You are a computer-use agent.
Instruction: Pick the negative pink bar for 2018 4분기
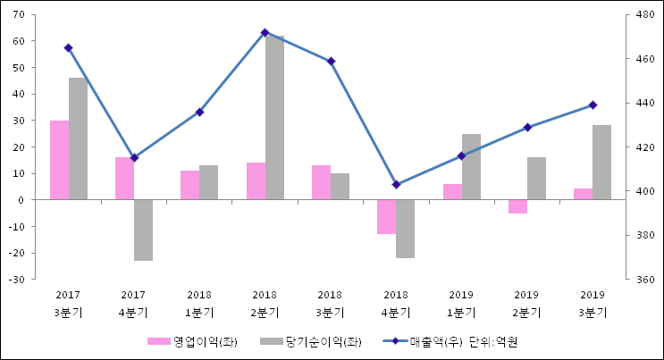pyautogui.click(x=386, y=217)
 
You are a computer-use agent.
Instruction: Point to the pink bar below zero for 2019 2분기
pyautogui.click(x=517, y=206)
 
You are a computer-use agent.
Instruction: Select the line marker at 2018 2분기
pyautogui.click(x=265, y=33)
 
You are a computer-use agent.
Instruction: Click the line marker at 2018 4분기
pyautogui.click(x=396, y=185)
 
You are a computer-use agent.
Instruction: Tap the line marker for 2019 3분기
pyautogui.click(x=593, y=105)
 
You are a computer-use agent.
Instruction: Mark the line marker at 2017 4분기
pyautogui.click(x=134, y=158)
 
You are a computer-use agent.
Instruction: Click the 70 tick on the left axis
pyautogui.click(x=19, y=15)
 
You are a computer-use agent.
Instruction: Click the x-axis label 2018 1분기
pyautogui.click(x=199, y=303)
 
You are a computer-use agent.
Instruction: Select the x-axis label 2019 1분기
pyautogui.click(x=461, y=303)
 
